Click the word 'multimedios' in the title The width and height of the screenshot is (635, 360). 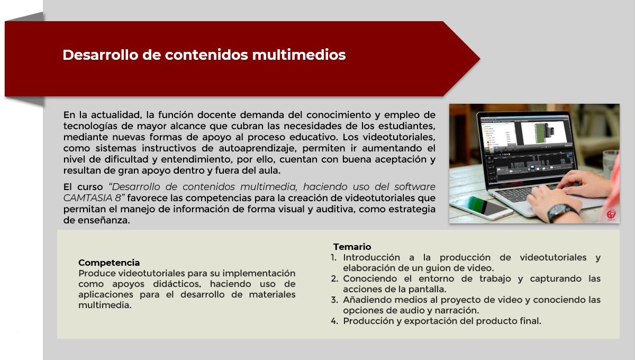299,55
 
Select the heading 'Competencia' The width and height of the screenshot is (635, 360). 109,263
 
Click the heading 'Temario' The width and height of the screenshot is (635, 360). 352,247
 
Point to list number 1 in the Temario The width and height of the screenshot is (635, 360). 334,258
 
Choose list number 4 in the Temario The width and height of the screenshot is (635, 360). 334,321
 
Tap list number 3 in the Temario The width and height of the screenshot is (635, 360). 334,300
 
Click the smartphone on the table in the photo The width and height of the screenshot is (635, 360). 482,208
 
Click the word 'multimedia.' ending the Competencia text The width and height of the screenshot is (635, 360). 105,305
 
